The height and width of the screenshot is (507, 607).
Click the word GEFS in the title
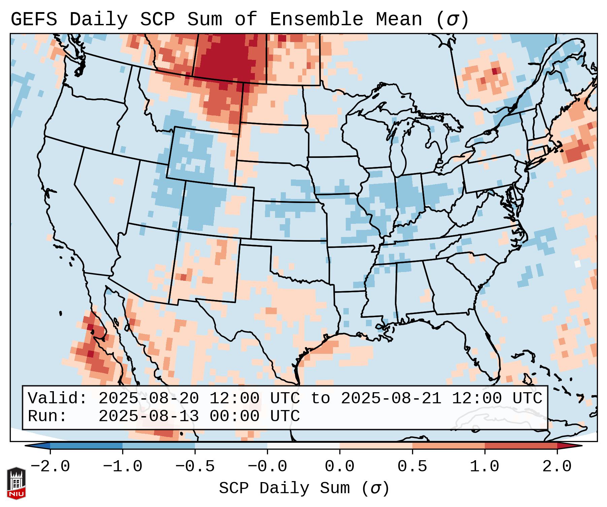tap(34, 20)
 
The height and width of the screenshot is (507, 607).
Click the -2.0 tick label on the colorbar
tap(50, 467)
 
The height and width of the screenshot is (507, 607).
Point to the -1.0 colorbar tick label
tap(123, 467)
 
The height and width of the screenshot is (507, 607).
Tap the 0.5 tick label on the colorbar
tap(412, 467)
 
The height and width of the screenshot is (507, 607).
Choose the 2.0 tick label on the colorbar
tap(557, 467)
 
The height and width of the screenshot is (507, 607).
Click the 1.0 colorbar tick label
tap(484, 467)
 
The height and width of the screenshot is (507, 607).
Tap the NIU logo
tap(16, 483)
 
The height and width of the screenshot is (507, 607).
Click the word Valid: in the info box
tap(58, 398)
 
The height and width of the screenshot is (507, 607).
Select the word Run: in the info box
tap(47, 416)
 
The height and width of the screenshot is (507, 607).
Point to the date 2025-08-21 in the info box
tap(391, 398)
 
